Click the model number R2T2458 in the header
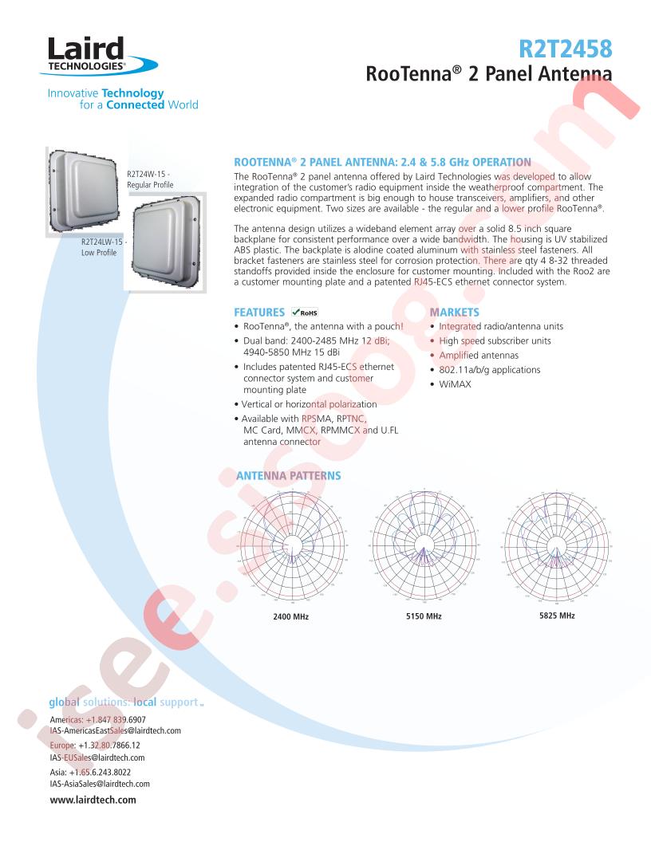[x=566, y=50]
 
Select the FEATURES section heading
[x=258, y=313]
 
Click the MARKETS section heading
[x=454, y=313]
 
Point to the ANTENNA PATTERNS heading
[x=288, y=476]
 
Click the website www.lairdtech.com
[x=93, y=800]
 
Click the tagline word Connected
[x=136, y=104]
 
